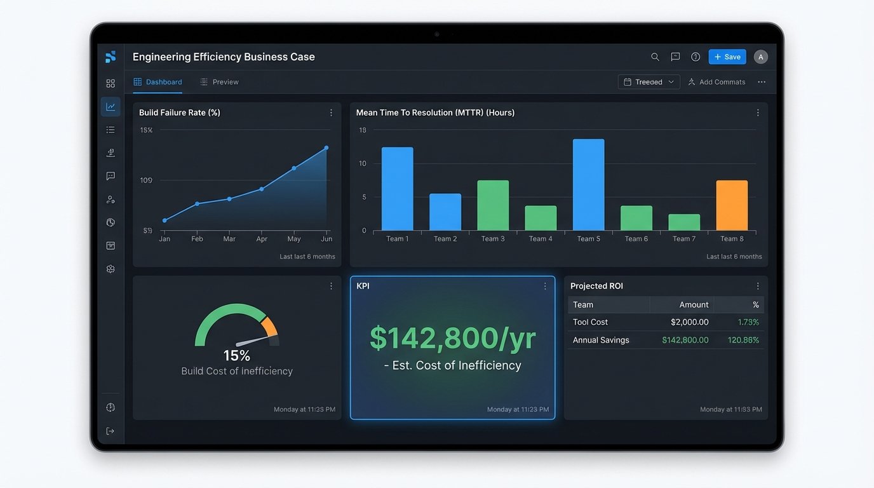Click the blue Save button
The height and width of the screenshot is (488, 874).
pyautogui.click(x=727, y=57)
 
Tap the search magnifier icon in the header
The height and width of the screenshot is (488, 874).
pyautogui.click(x=655, y=57)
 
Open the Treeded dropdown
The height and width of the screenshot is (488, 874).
pyautogui.click(x=649, y=82)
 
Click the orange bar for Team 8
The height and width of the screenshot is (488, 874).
pyautogui.click(x=732, y=205)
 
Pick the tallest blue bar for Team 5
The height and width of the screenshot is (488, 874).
pyautogui.click(x=588, y=184)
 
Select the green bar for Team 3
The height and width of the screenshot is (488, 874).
pyautogui.click(x=493, y=205)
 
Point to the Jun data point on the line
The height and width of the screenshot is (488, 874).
pyautogui.click(x=326, y=148)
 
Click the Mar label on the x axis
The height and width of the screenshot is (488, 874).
pyautogui.click(x=229, y=239)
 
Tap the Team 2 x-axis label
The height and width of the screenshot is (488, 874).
pyautogui.click(x=445, y=239)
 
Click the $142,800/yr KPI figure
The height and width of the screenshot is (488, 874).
pyautogui.click(x=452, y=339)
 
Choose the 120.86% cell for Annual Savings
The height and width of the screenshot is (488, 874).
pyautogui.click(x=743, y=340)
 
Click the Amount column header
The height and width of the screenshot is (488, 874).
pyautogui.click(x=694, y=305)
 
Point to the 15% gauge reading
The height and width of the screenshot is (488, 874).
pyautogui.click(x=236, y=356)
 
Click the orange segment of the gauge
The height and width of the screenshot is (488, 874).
pyautogui.click(x=270, y=326)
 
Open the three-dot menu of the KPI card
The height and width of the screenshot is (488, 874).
pyautogui.click(x=545, y=287)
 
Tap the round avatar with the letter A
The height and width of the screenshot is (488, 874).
pyautogui.click(x=761, y=57)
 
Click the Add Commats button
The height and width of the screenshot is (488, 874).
pyautogui.click(x=716, y=82)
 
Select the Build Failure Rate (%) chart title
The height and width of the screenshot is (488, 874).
pyautogui.click(x=180, y=112)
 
